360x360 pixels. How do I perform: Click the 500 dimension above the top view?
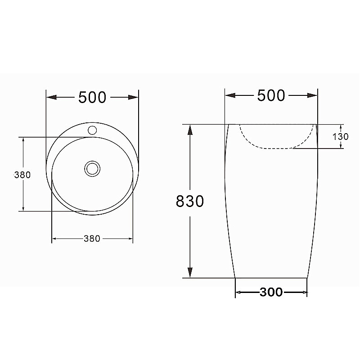click(92, 97)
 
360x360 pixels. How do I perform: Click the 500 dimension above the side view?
click(271, 95)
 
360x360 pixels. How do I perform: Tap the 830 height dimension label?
click(190, 201)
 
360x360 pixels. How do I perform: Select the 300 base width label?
click(271, 292)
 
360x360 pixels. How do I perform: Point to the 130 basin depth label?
click(341, 137)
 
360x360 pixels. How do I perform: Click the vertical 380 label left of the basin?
click(22, 175)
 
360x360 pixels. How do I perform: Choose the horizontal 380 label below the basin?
click(92, 239)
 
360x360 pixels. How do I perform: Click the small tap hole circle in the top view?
click(92, 130)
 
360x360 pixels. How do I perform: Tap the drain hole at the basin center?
click(92, 169)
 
